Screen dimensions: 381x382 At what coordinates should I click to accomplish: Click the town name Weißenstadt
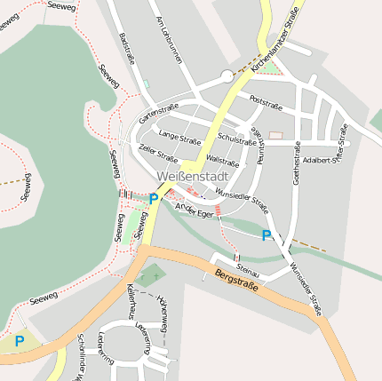pyautogui.click(x=191, y=177)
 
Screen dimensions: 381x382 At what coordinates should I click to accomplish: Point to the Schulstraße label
pyautogui.click(x=237, y=139)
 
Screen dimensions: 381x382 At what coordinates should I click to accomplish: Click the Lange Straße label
pyautogui.click(x=179, y=136)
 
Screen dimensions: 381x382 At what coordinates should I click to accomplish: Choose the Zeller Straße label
pyautogui.click(x=159, y=154)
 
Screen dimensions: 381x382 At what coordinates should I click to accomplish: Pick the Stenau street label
pyautogui.click(x=248, y=265)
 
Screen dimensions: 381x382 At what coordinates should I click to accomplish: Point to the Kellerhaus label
pyautogui.click(x=131, y=301)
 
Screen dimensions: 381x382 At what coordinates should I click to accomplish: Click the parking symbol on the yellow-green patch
pyautogui.click(x=19, y=340)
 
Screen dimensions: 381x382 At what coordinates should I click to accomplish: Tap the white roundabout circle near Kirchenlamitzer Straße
pyautogui.click(x=227, y=76)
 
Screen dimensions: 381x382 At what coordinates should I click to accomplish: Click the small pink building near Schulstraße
pyautogui.click(x=275, y=136)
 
